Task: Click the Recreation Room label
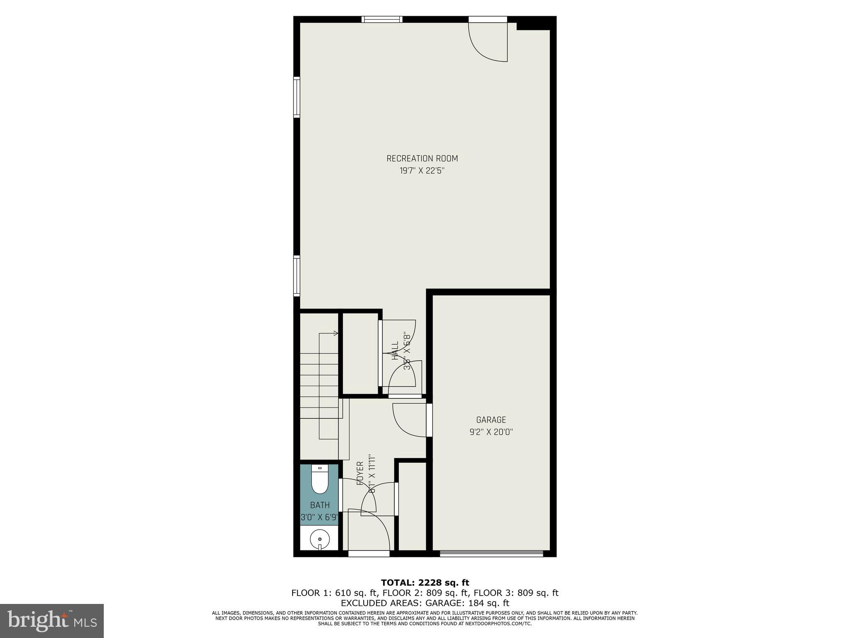[422, 158]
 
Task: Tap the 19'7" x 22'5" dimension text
[422, 171]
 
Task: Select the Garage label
[491, 420]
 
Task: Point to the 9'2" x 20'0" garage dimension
[491, 432]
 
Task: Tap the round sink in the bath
[320, 539]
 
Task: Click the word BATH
[320, 505]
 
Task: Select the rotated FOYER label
[360, 473]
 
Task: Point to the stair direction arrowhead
[335, 333]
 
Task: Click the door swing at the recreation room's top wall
[488, 42]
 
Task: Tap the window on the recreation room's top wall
[382, 19]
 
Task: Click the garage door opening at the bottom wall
[491, 553]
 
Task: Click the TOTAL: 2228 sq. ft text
[425, 583]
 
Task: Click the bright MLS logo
[51, 621]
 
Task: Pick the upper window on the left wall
[296, 97]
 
